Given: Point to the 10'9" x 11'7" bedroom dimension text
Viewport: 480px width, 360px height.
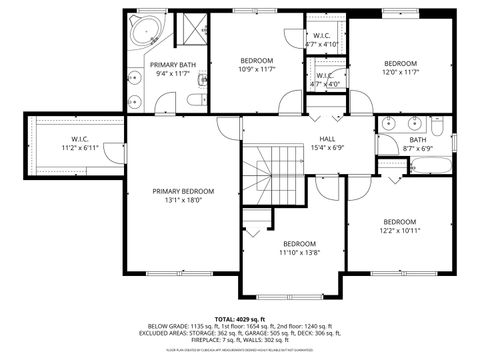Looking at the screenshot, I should [255, 69].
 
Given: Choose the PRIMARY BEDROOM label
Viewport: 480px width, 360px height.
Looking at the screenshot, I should [183, 190].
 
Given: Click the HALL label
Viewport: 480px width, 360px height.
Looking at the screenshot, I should [327, 139].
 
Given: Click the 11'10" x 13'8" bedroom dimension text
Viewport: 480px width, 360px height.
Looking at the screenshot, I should [299, 253].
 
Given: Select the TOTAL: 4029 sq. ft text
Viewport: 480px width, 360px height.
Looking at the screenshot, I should [240, 317].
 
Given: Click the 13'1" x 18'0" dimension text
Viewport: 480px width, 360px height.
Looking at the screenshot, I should [183, 200].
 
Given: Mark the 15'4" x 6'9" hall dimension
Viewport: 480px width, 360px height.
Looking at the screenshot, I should [327, 148].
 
